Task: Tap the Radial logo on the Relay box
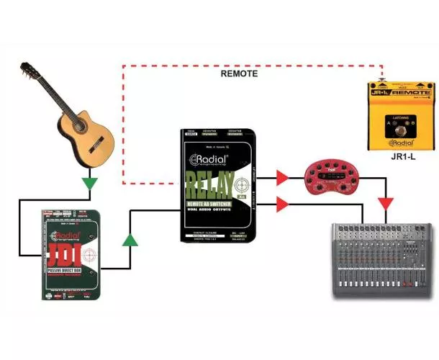click(209, 161)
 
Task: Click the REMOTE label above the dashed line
click(239, 73)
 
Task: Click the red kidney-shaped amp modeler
click(329, 176)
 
